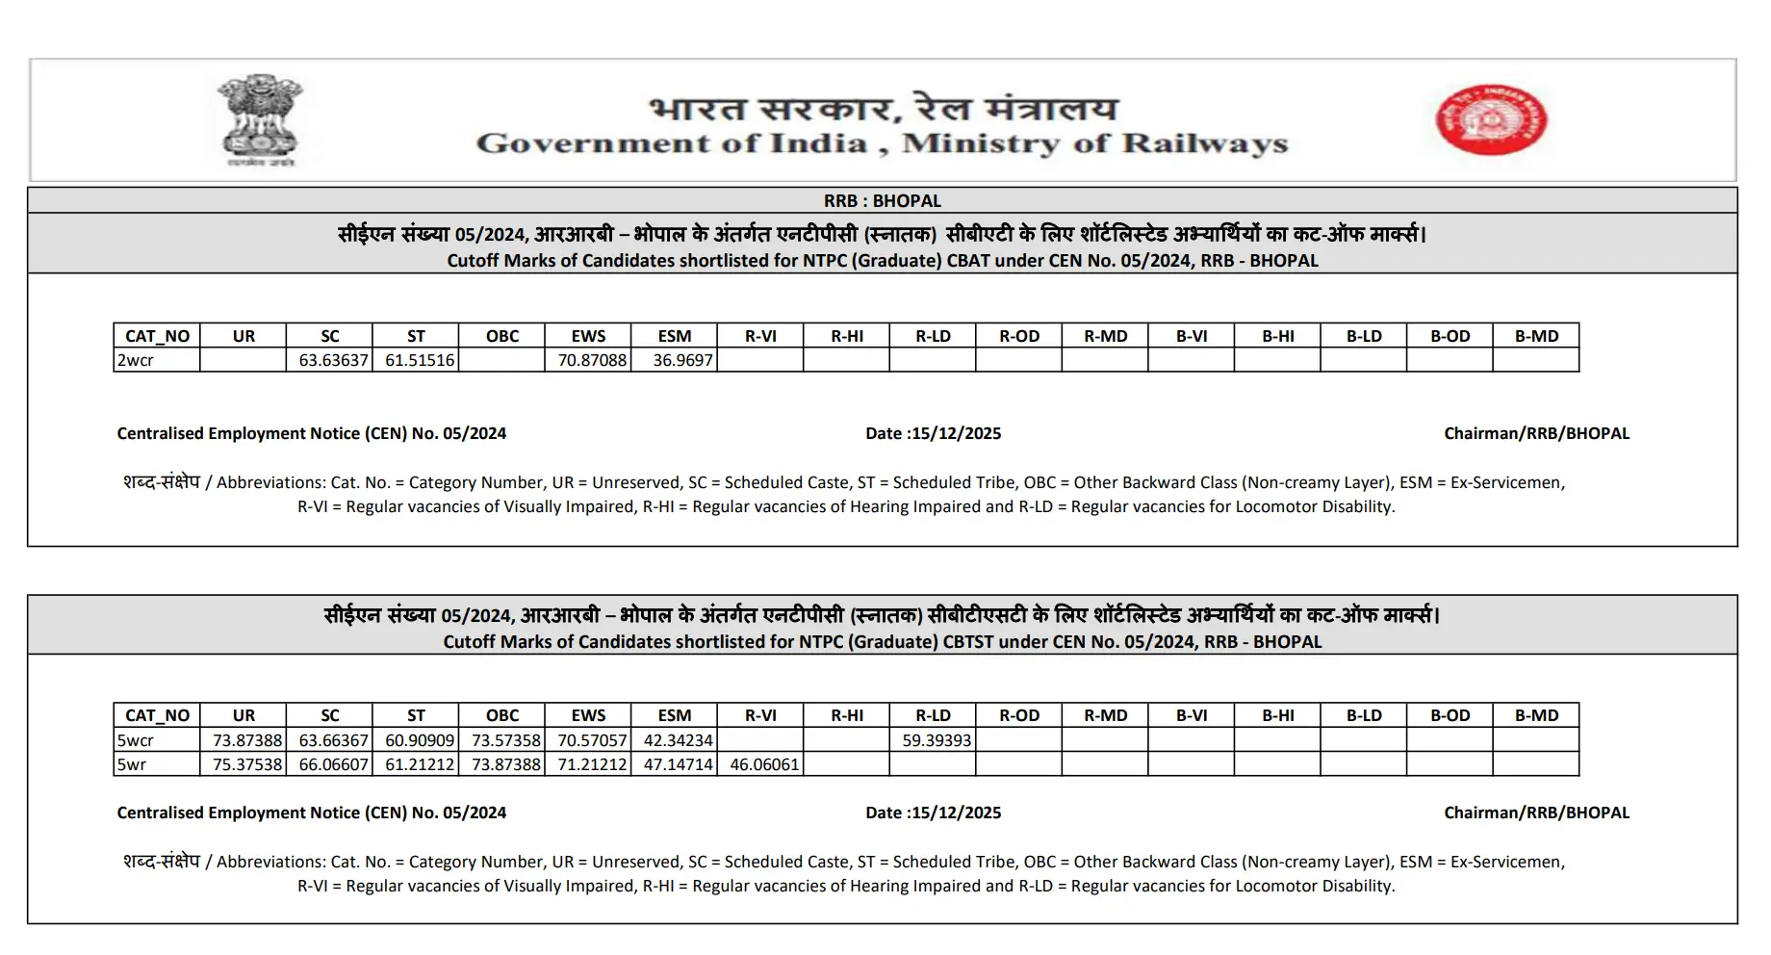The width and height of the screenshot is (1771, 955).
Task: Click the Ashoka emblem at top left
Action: coord(259,118)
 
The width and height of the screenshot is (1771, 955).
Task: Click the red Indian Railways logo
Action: coord(1491,118)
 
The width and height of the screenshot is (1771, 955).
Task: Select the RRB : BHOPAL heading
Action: coord(882,201)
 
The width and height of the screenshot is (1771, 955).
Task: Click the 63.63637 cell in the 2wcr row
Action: coord(333,360)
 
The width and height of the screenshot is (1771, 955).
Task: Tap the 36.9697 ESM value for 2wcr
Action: coord(682,360)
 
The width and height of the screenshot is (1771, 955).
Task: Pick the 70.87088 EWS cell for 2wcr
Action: coord(592,360)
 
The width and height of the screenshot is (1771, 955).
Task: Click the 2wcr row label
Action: coord(136,360)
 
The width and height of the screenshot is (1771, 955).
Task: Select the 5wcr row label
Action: coord(136,740)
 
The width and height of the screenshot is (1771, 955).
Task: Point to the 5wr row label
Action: coord(132,764)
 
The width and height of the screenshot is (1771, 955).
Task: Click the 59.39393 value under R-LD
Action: coord(937,740)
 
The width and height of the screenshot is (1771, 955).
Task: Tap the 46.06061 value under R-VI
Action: coord(764,764)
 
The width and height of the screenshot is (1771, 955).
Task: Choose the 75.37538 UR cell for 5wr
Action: coord(247,764)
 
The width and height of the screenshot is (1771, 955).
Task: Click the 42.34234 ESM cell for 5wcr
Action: coord(679,740)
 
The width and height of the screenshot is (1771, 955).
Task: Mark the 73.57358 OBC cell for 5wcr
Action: coord(506,740)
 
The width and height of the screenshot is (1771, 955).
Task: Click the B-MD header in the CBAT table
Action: coord(1536,336)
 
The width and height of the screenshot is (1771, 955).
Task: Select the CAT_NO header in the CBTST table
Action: coord(157,715)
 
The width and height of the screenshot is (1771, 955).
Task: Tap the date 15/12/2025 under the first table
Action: coord(956,433)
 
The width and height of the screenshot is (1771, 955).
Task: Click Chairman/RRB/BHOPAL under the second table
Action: coord(1536,813)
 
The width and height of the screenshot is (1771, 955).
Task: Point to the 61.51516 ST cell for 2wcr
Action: coord(420,360)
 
